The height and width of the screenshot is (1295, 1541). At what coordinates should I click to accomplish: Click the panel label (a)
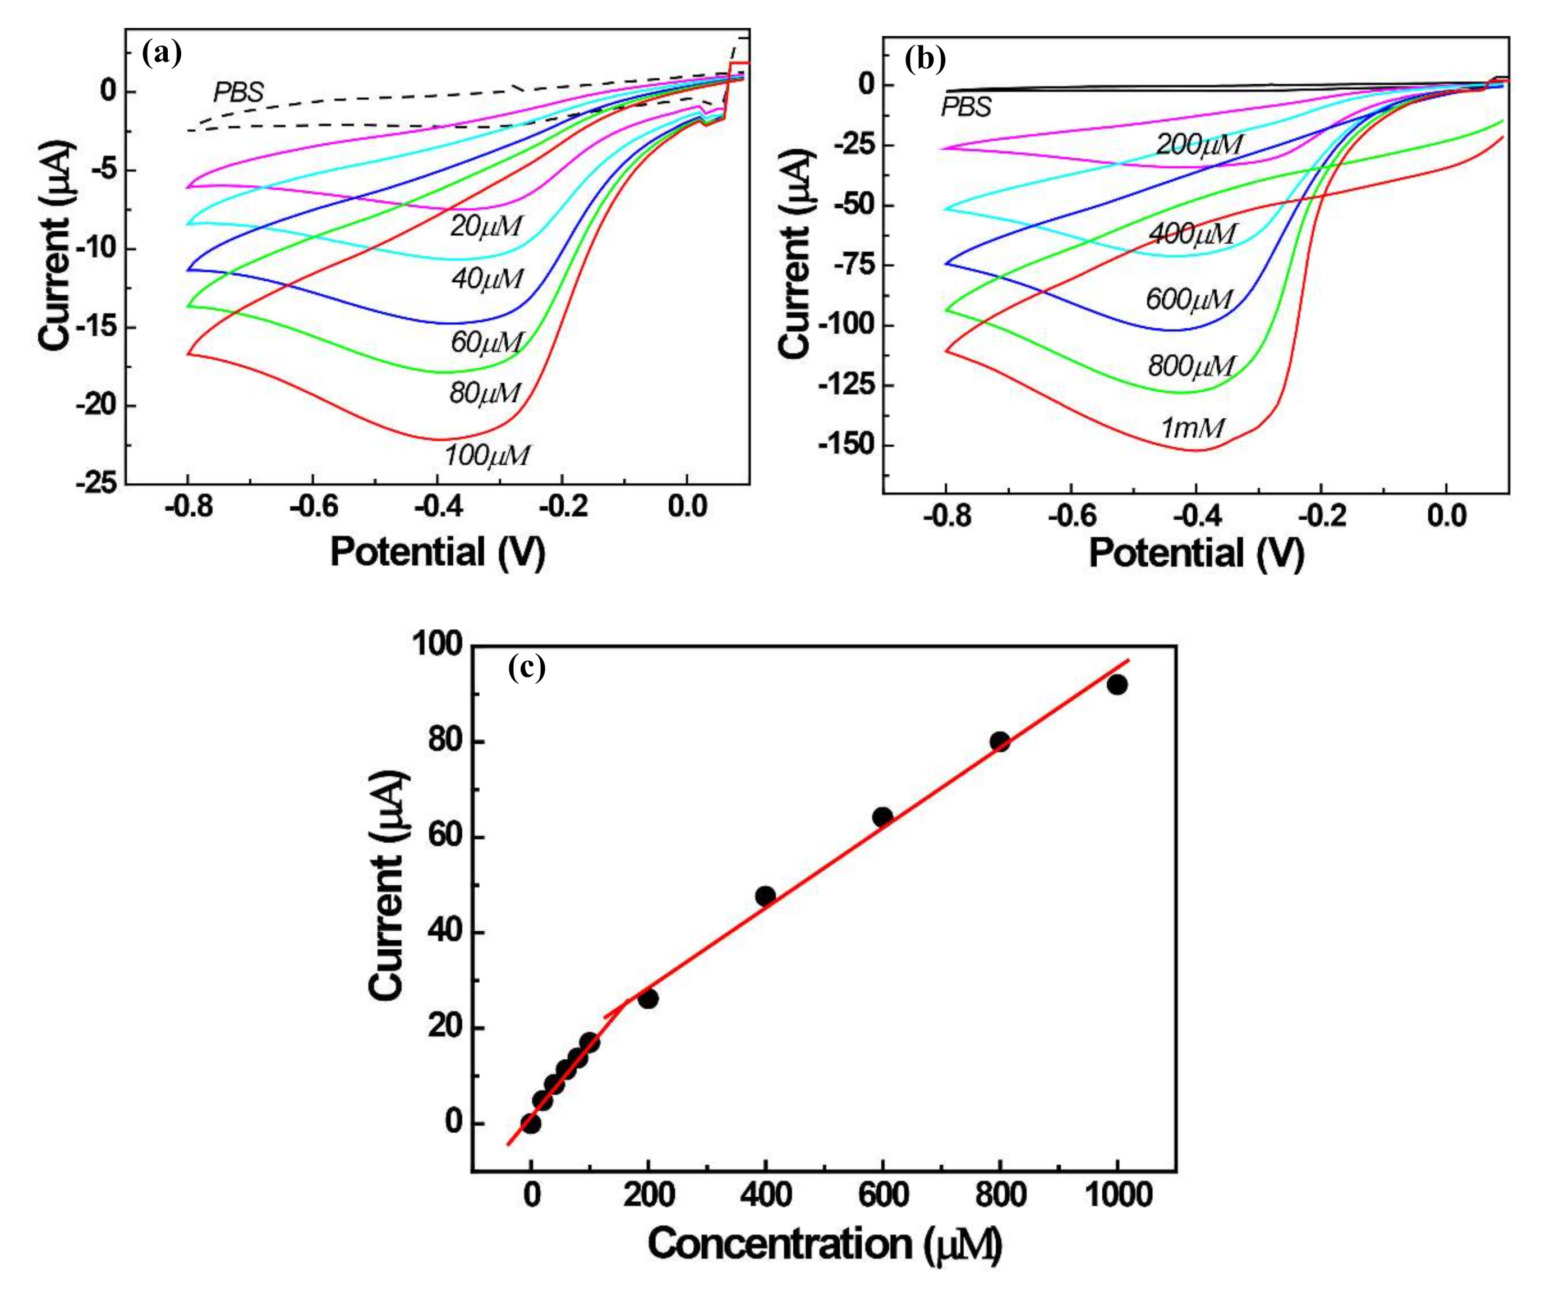tap(162, 54)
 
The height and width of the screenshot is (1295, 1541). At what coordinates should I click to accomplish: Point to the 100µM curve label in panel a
tap(486, 455)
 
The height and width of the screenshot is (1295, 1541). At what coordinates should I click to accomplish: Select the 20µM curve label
tap(486, 226)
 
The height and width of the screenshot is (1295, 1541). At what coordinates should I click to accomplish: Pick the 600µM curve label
tap(1189, 299)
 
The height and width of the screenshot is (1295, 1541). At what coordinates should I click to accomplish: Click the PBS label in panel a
tap(238, 93)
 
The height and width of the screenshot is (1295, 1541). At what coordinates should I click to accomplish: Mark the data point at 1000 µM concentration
tap(1117, 685)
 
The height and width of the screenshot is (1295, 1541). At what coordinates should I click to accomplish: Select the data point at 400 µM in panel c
tap(765, 896)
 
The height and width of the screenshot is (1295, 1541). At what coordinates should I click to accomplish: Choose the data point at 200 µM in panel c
tap(648, 999)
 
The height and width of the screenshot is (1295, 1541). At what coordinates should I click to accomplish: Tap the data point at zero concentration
tap(531, 1123)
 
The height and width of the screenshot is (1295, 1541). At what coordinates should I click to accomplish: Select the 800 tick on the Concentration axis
tap(1000, 1195)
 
